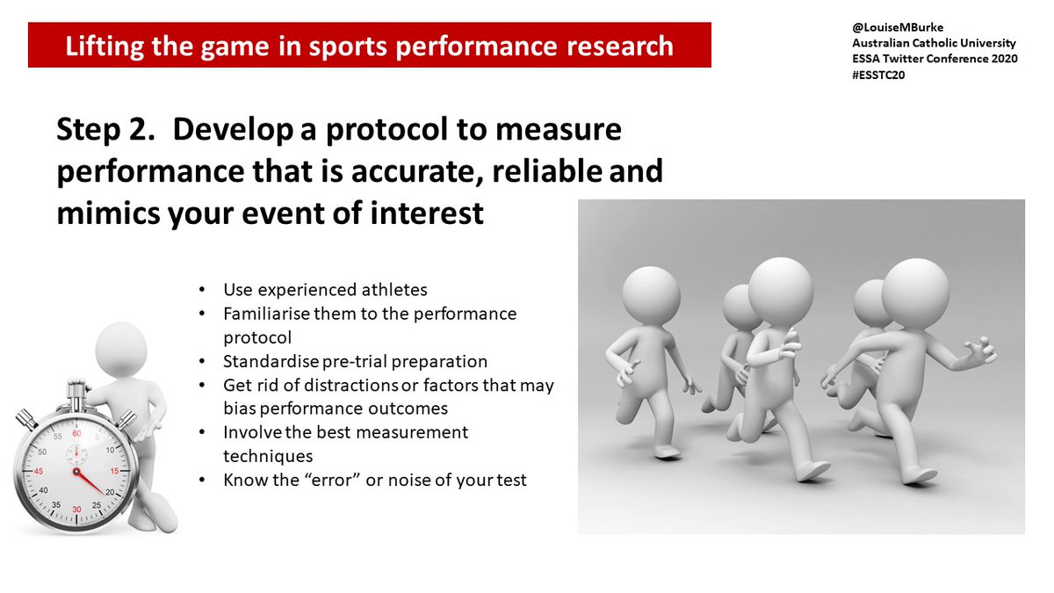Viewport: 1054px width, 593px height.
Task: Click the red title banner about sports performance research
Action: tap(369, 46)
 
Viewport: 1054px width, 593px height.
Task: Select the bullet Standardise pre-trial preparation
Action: tap(355, 361)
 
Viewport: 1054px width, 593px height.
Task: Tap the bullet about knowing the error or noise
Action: tap(374, 480)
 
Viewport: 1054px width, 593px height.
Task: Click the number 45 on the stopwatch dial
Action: tap(39, 470)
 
